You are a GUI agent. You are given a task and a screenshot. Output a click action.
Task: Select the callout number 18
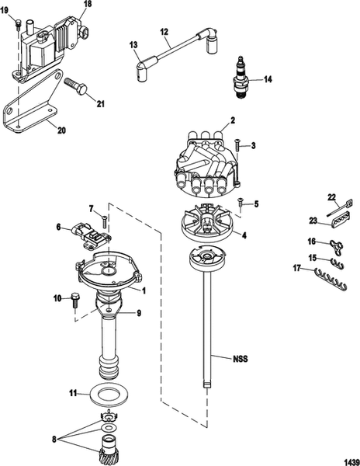87,5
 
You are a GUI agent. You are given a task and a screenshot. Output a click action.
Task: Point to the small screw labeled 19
17,30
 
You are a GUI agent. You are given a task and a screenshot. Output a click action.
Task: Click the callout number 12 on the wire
164,32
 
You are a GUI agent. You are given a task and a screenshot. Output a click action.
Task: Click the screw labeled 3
236,143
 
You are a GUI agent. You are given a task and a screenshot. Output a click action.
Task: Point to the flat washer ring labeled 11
113,394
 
